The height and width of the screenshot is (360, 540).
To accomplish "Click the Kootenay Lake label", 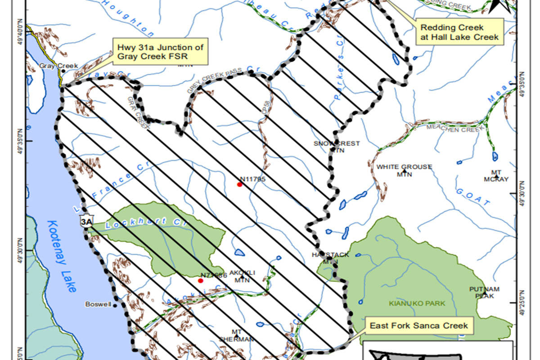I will [60, 256].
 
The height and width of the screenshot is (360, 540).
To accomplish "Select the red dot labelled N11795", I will [240, 184].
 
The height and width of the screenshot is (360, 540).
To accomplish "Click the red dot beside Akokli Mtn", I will [201, 280].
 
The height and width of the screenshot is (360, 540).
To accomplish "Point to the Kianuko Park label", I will [417, 303].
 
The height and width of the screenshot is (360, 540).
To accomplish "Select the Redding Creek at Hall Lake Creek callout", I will [459, 32].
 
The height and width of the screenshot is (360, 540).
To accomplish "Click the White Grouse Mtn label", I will [404, 170].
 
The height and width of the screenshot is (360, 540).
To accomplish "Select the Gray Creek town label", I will [53, 66].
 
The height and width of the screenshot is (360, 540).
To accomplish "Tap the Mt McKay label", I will [496, 175].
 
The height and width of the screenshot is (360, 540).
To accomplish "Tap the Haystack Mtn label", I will [330, 258].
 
